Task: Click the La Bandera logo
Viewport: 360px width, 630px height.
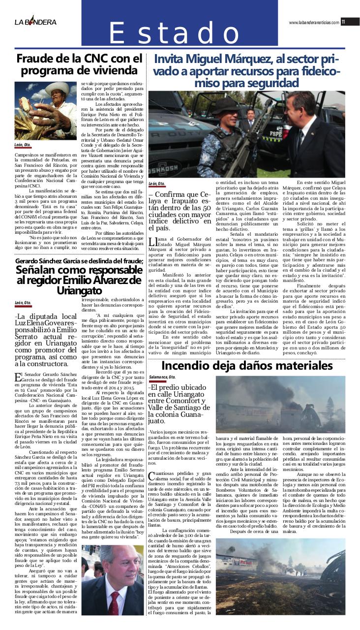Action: pyautogui.click(x=35, y=22)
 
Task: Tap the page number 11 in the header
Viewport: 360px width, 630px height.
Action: pyautogui.click(x=343, y=22)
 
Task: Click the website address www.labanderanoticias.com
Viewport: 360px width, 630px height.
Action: pyautogui.click(x=314, y=22)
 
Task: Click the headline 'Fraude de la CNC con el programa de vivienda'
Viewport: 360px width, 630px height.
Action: pyautogui.click(x=79, y=64)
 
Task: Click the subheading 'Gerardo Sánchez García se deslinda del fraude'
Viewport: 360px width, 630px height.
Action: pyautogui.click(x=79, y=260)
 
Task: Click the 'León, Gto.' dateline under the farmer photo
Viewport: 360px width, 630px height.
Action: pyautogui.click(x=23, y=146)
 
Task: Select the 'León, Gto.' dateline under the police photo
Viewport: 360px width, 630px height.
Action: pyautogui.click(x=156, y=184)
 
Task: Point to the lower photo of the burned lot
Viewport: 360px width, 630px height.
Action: pyautogui.click(x=280, y=583)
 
